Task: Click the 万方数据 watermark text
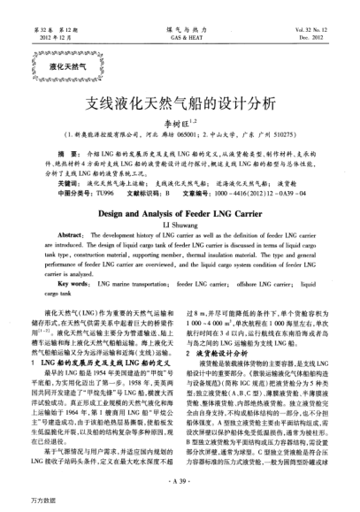(x=19, y=501)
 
